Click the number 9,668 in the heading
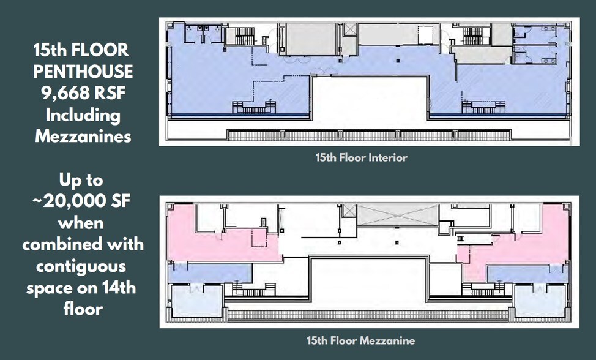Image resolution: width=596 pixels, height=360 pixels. pos(62,93)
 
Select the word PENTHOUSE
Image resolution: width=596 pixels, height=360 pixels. pos(83,72)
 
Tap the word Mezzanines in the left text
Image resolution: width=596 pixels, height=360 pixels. pos(83,135)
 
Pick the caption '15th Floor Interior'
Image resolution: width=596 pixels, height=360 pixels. pos(361,158)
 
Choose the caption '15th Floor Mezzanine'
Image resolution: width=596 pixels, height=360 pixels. pos(361,340)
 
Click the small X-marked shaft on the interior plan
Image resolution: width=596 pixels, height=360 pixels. pos(350,29)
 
